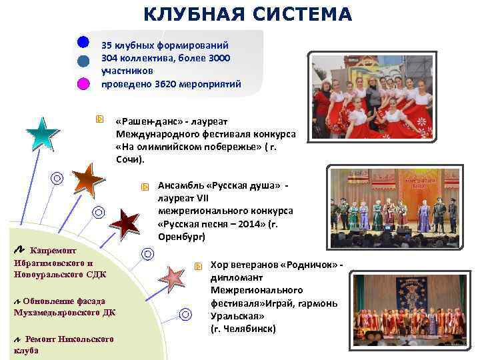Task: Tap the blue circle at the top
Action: click(x=83, y=41)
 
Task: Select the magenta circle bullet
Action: click(x=83, y=84)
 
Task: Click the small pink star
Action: click(x=173, y=275)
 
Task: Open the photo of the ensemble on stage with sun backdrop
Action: click(x=394, y=208)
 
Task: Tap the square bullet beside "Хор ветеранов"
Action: click(x=198, y=266)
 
